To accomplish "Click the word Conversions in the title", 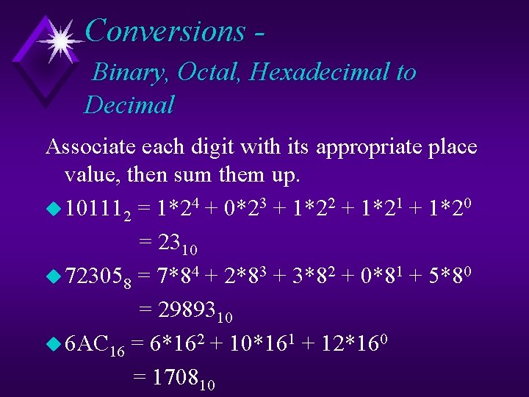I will click(x=165, y=31).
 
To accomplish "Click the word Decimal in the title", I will click(x=129, y=105).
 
